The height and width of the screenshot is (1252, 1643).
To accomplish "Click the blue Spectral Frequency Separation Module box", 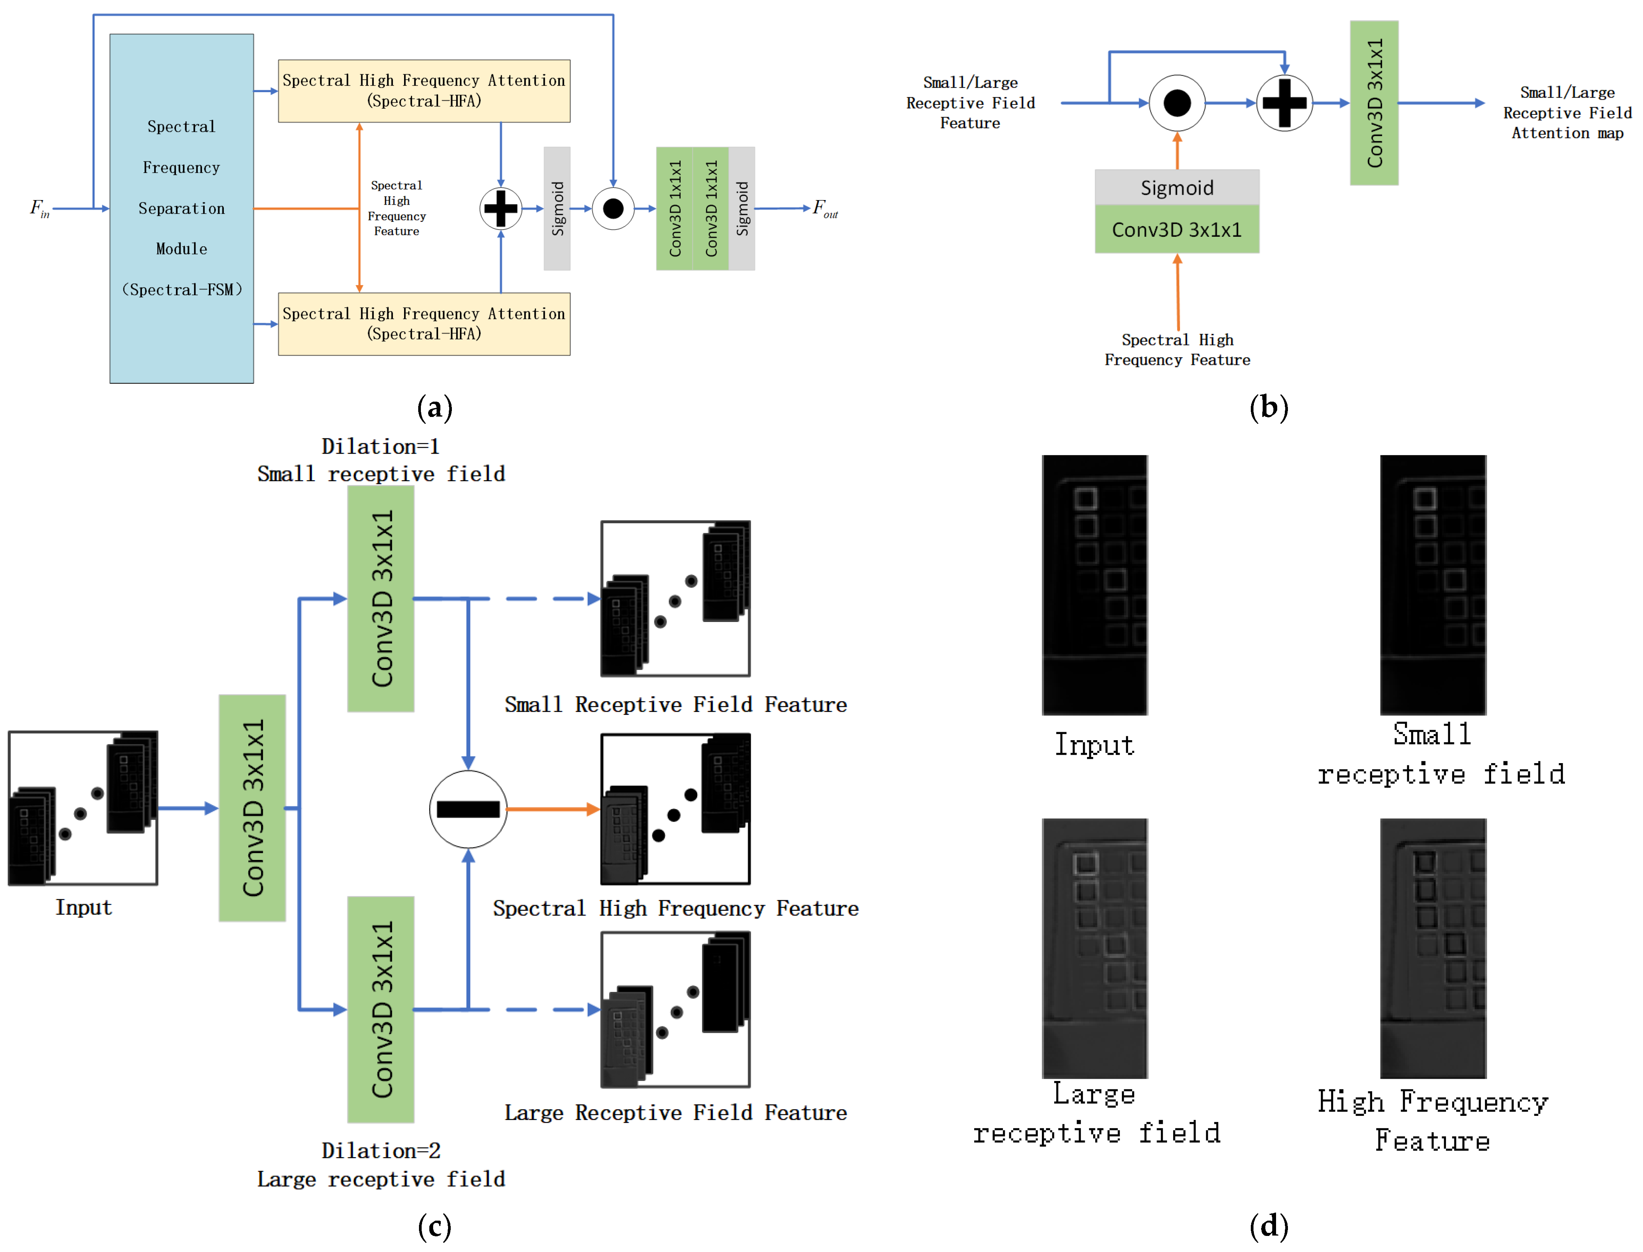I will tap(181, 209).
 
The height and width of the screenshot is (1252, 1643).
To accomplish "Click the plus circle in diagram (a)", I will tap(500, 209).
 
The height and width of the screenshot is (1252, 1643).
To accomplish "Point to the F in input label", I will tap(39, 209).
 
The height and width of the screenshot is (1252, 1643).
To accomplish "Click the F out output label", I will tap(825, 209).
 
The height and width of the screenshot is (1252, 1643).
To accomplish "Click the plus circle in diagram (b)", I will tap(1284, 103).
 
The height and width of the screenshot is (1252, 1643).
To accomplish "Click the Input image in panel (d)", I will tap(1094, 585).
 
